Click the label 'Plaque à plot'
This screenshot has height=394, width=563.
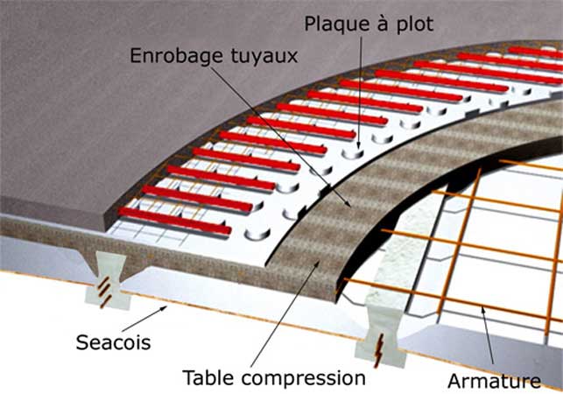click(x=369, y=24)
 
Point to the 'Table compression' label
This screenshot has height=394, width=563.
click(x=273, y=377)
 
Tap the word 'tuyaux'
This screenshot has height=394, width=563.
click(x=266, y=56)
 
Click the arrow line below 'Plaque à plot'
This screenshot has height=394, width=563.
click(x=360, y=88)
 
